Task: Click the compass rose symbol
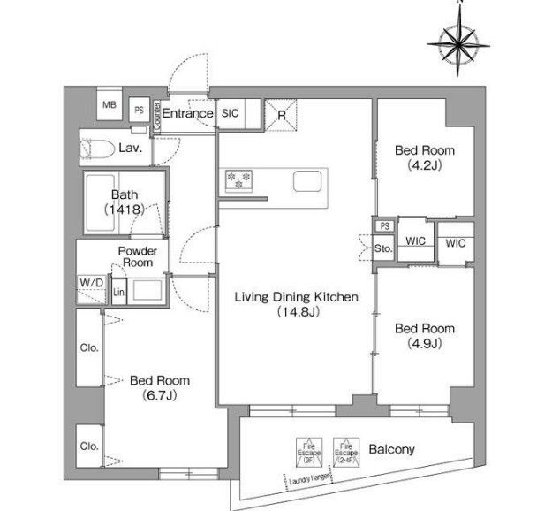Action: tap(460, 41)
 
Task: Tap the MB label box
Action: tap(110, 105)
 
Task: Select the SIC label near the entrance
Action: tap(230, 113)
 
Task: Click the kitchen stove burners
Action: tap(238, 180)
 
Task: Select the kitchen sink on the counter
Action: tap(307, 183)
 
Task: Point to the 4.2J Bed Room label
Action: tap(418, 157)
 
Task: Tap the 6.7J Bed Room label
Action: tap(159, 386)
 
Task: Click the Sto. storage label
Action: tap(382, 249)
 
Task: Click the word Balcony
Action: tap(392, 449)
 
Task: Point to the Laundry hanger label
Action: tap(307, 480)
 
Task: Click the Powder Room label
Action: tap(137, 256)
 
